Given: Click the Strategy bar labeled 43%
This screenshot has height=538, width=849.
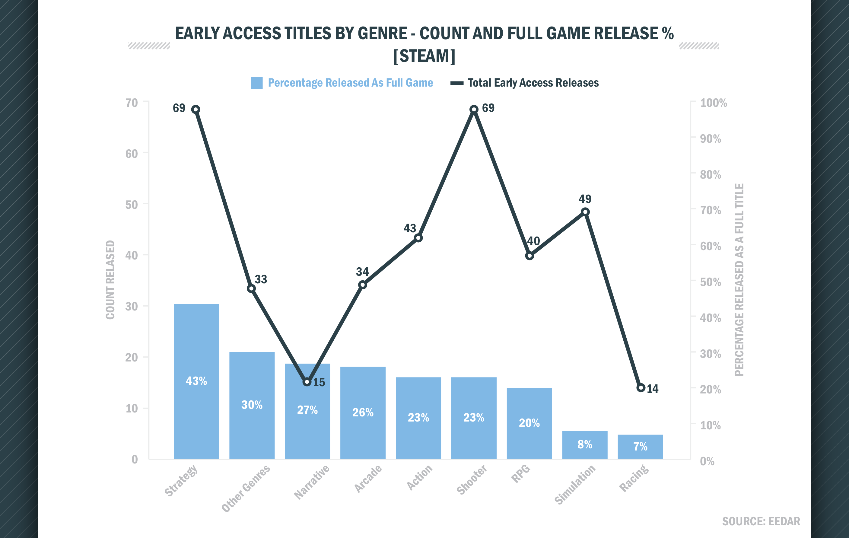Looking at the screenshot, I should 196,381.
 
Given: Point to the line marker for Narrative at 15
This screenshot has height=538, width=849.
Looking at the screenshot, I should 307,382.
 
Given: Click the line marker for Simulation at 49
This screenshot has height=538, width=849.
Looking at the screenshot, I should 585,212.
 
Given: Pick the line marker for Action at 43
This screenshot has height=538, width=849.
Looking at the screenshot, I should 418,238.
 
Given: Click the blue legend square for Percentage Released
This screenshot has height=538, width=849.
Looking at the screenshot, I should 256,83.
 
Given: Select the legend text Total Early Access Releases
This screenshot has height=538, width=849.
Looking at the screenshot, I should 533,83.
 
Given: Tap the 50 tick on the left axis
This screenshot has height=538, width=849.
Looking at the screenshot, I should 132,205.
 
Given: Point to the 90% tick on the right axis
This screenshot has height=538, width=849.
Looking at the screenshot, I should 710,138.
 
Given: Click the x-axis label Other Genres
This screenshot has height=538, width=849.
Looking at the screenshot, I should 246,488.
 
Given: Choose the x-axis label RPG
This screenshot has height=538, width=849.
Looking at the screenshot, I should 521,473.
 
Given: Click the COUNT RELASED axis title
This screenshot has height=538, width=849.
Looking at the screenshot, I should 110,280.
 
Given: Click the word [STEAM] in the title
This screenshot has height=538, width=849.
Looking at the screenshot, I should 424,56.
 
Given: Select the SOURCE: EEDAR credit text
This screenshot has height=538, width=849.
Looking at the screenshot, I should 761,521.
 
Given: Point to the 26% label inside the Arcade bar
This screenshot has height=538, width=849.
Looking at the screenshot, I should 363,412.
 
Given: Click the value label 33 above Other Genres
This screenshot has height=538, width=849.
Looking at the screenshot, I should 261,279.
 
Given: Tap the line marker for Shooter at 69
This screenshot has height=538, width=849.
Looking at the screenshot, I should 474,109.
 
